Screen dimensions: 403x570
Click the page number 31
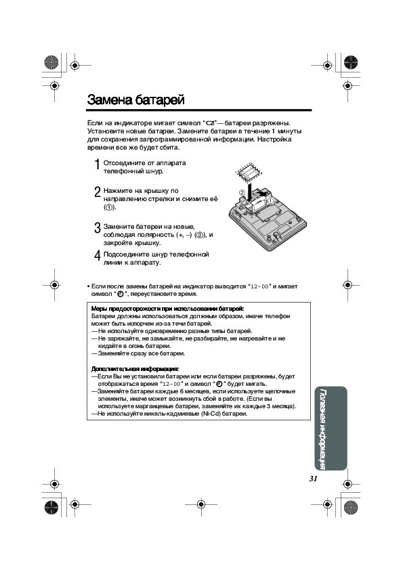(x=313, y=479)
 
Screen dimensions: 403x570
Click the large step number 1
(x=97, y=165)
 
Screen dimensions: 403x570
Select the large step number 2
(x=97, y=192)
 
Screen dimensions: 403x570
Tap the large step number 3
(x=97, y=228)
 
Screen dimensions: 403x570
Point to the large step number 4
(x=97, y=256)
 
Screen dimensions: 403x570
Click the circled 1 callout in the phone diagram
(x=271, y=200)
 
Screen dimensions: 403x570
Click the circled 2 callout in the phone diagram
(x=242, y=192)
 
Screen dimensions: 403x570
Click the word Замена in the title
(x=110, y=100)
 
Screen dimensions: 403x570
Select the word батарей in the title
(x=160, y=100)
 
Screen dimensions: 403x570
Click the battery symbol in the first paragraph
(x=211, y=123)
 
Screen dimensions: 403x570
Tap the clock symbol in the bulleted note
(x=121, y=294)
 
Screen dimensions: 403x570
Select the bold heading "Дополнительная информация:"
(x=135, y=369)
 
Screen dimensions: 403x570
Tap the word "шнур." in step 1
(x=154, y=171)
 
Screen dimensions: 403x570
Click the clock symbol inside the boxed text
(x=219, y=384)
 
